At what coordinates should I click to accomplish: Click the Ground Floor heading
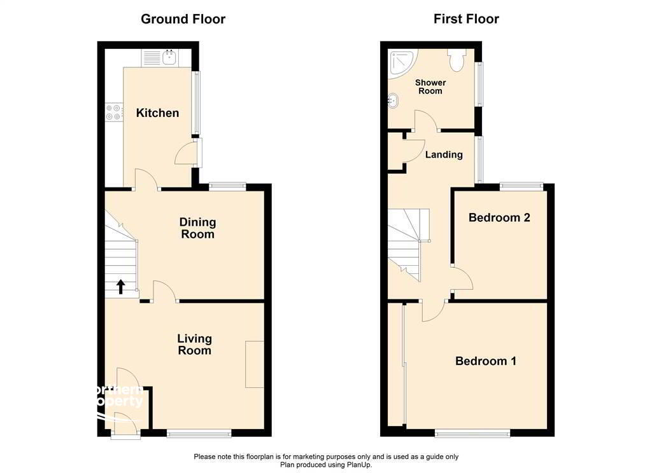pos(183,19)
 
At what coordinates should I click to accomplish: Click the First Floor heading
pos(466,19)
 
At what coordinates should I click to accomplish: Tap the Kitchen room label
pos(157,113)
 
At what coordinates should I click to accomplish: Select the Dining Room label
pos(197,228)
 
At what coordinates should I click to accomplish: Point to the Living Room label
pos(194,345)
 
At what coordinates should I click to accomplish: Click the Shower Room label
pos(430,87)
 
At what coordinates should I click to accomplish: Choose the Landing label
pos(444,154)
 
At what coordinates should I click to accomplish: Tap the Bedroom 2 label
pos(499,217)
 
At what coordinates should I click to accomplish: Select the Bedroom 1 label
pos(485,361)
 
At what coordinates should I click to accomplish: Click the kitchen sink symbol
pos(170,58)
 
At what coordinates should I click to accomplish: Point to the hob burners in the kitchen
pos(113,112)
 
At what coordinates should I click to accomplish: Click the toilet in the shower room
pos(456,60)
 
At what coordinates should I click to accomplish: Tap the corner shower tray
pos(402,61)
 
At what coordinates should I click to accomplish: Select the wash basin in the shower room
pos(394,100)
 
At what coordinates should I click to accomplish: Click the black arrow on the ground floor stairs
pos(121,287)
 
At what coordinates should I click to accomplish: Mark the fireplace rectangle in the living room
pos(255,364)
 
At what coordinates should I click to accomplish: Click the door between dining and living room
pos(164,292)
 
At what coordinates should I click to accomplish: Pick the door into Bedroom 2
pos(461,280)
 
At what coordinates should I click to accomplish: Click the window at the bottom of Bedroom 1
pos(472,434)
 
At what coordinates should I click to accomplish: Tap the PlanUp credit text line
pos(326,465)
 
